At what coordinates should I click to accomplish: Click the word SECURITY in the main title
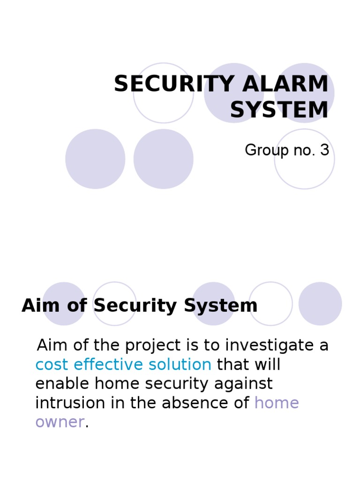(x=168, y=84)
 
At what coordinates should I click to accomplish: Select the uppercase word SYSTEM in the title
(x=279, y=110)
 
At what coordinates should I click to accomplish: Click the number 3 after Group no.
(x=324, y=150)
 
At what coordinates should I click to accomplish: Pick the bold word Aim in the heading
(x=37, y=306)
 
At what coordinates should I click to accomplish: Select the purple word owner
(x=60, y=422)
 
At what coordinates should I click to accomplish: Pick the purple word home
(x=277, y=403)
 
